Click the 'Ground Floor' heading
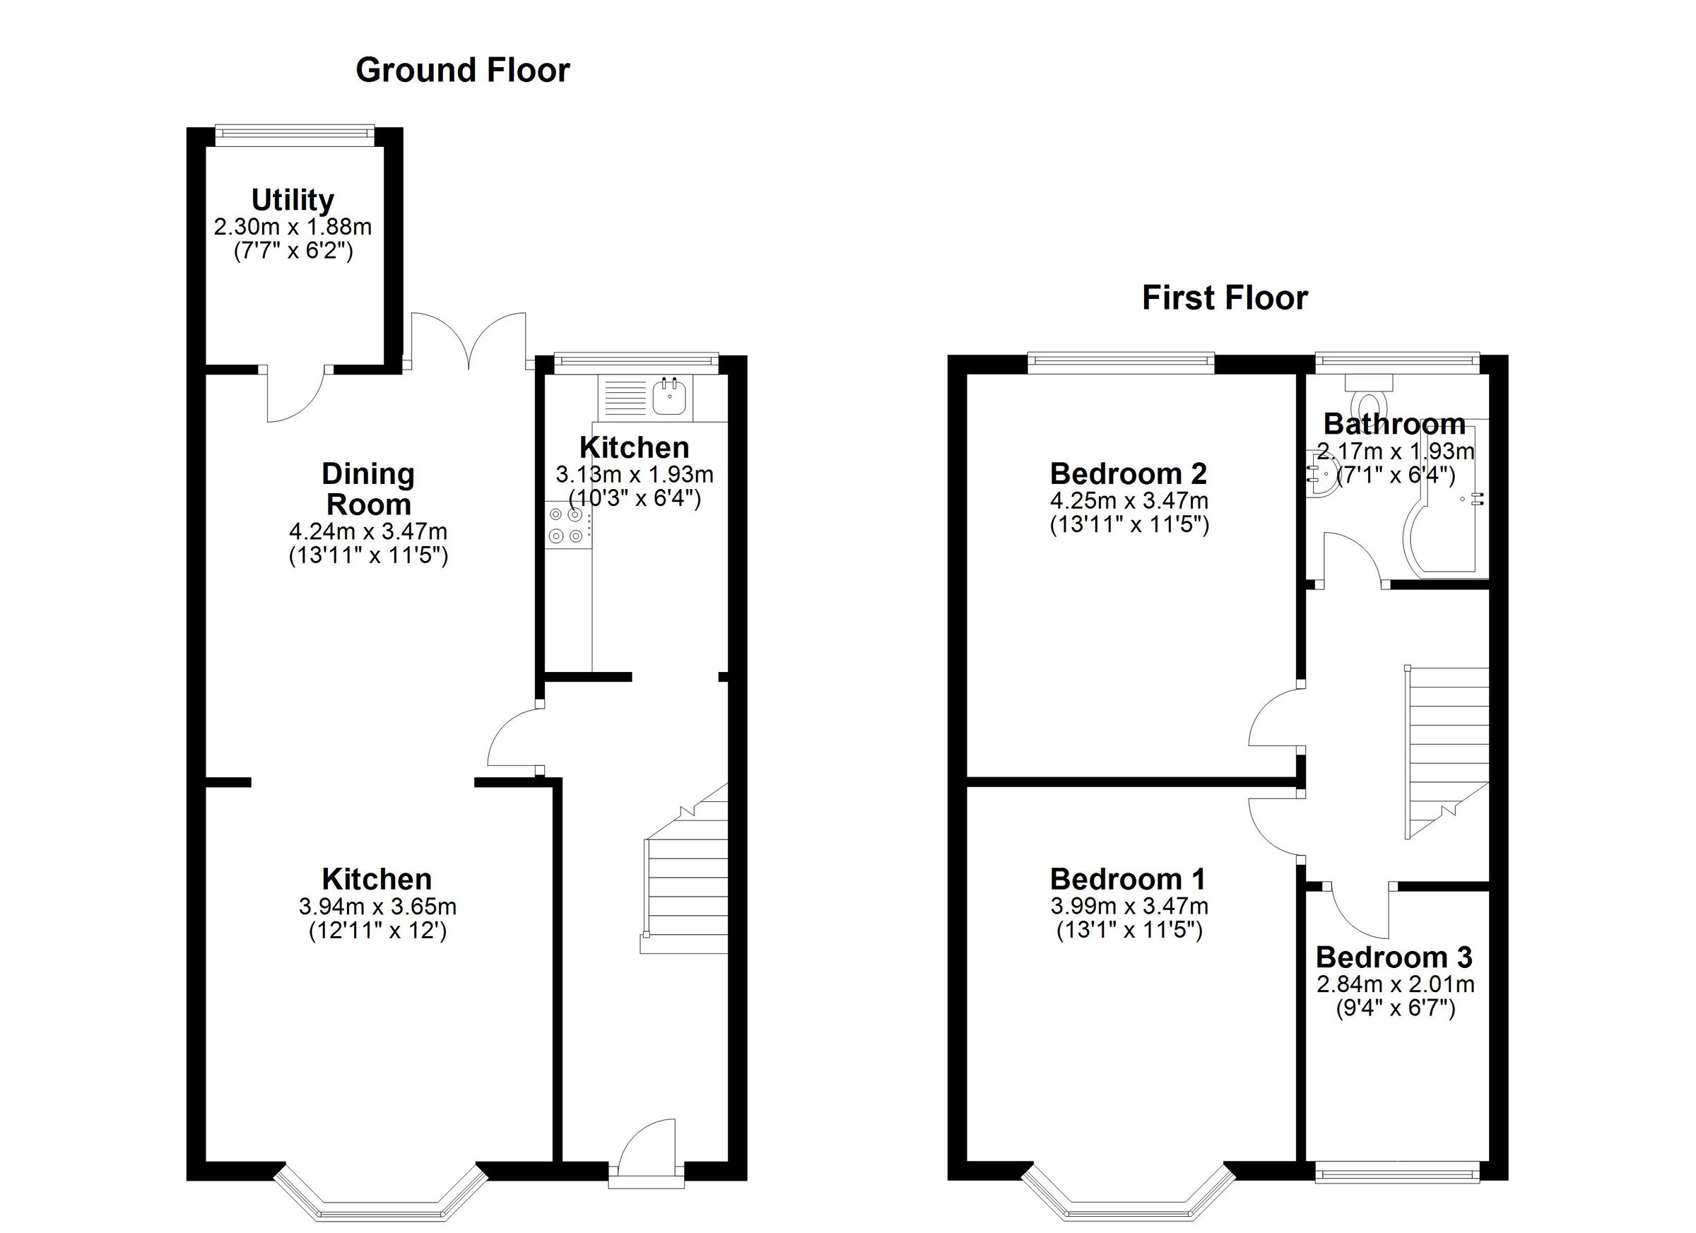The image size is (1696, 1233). (462, 70)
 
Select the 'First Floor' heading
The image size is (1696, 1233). (1224, 298)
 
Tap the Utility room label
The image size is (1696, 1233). (293, 201)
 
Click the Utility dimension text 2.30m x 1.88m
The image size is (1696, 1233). (293, 227)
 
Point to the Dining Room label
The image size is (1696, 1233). (368, 489)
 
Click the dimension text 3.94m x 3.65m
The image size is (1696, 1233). (377, 907)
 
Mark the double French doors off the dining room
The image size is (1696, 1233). (469, 340)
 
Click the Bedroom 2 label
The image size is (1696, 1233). (1129, 473)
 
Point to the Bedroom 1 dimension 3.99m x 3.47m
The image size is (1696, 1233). (1129, 907)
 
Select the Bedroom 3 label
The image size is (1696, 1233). (1394, 957)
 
